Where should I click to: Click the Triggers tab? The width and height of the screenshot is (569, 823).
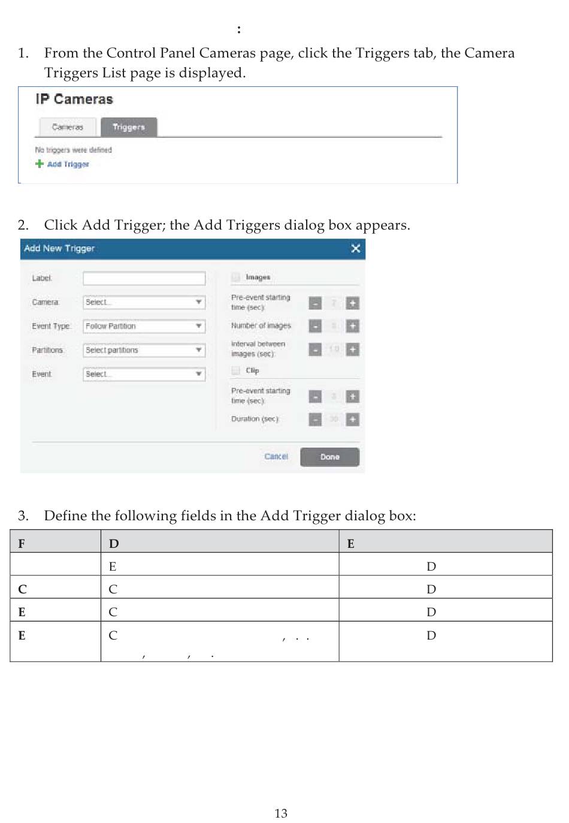point(129,127)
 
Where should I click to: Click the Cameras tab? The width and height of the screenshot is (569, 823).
point(68,127)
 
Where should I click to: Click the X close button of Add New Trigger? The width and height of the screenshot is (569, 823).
point(355,248)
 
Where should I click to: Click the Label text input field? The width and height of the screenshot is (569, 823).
point(144,278)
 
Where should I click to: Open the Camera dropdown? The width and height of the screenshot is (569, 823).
point(144,302)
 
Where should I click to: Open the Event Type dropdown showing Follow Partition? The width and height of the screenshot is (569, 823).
point(144,326)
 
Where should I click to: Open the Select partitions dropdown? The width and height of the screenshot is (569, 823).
point(144,350)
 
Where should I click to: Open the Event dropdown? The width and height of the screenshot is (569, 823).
point(144,374)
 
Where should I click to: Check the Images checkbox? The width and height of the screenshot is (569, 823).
point(236,277)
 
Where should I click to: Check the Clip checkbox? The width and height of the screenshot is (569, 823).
point(236,370)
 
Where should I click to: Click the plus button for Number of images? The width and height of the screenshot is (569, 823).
point(353,326)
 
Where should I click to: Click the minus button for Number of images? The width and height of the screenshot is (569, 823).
point(315,326)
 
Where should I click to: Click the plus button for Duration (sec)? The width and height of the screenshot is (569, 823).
point(353,420)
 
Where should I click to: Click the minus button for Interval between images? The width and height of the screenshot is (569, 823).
point(315,349)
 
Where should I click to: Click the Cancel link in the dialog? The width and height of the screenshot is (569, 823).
point(276,457)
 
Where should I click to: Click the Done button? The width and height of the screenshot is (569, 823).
point(329,457)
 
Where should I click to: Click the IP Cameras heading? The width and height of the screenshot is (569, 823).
point(74,100)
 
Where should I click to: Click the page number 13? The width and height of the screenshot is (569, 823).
point(281,813)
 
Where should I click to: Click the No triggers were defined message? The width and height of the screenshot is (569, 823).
point(73,150)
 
